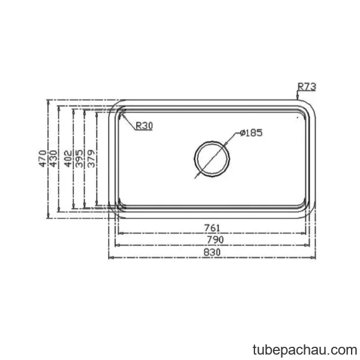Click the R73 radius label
307,86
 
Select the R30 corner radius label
144,125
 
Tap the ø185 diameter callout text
251,133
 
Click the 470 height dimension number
42,158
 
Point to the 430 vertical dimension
53,158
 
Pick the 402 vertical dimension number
68,158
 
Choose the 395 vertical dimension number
79,158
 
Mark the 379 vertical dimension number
91,158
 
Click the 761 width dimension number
212,228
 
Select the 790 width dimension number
215,240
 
